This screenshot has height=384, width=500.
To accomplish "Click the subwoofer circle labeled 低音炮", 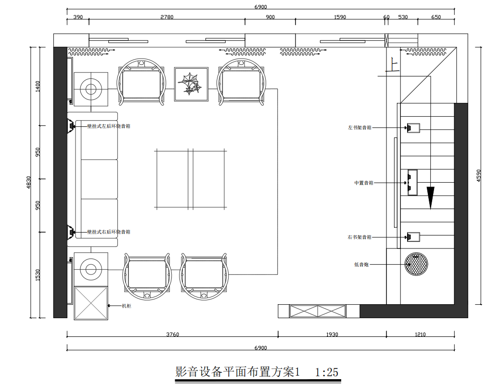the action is coord(416,264).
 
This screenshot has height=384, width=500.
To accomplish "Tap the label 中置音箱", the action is coord(363,183).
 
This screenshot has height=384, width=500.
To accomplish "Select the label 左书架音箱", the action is coord(359,128).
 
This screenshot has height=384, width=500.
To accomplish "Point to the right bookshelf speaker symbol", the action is coord(413,237).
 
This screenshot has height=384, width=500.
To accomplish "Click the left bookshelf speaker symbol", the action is coord(413,128).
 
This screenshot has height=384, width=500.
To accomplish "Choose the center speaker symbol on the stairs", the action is coord(412,183).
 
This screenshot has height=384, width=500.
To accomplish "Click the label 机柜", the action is coord(127,306).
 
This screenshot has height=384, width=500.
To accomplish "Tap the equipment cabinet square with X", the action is coord(91,303).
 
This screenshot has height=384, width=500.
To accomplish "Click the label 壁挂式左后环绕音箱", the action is coord(109,126).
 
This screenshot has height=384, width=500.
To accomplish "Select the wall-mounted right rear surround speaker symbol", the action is coord(71,232).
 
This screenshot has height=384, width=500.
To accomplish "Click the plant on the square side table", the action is coord(190,84).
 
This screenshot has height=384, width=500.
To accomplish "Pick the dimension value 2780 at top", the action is coord(167,17).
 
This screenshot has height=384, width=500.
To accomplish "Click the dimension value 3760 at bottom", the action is coord(172,334).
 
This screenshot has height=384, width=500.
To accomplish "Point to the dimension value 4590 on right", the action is coord(478,175).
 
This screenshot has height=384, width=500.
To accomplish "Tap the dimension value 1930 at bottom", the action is coord(332,334).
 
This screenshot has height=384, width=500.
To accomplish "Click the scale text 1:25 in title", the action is coord(327,372).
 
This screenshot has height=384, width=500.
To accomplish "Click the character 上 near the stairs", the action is coord(393,66).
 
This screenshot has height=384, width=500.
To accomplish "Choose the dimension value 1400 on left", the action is coord(38,87).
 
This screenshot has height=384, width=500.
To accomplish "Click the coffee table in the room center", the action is coord(191,179).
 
